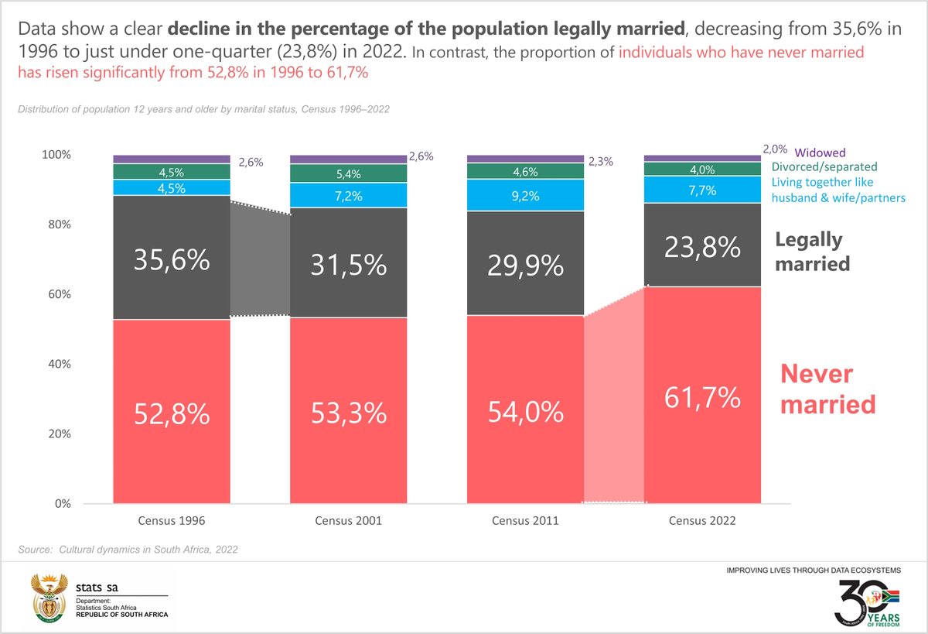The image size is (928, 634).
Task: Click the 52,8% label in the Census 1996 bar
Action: (x=172, y=413)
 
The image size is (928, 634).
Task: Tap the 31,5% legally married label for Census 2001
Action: (x=348, y=265)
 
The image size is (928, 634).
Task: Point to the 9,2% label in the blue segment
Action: (x=525, y=197)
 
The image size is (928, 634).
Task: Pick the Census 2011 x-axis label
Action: (x=525, y=521)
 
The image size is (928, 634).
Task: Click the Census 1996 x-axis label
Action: (x=172, y=521)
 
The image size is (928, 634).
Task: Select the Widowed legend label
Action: (x=821, y=153)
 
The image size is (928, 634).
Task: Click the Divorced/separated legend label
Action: (x=824, y=166)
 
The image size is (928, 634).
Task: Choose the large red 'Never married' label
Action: (x=827, y=389)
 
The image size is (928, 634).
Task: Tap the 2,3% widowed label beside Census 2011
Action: (x=601, y=162)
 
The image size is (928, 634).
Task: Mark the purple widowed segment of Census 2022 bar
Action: (x=702, y=158)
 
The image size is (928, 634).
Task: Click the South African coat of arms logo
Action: (x=49, y=598)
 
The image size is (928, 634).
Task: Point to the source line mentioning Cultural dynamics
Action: (x=128, y=550)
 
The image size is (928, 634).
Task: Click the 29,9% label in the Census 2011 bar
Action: (x=525, y=266)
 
